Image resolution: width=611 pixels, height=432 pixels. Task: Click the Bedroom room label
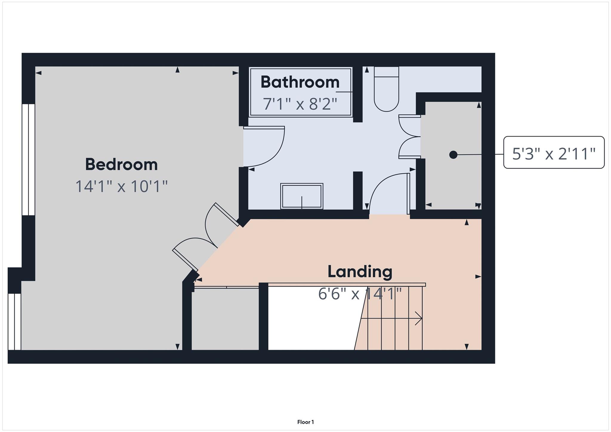(121, 165)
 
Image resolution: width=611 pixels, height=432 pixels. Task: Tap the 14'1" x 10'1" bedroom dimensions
(121, 187)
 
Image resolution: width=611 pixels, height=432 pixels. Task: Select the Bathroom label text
(300, 82)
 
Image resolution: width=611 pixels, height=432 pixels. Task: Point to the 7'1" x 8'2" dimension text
(300, 104)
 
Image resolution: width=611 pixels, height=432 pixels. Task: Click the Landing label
(360, 272)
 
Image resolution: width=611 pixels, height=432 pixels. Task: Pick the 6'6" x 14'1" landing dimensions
(360, 294)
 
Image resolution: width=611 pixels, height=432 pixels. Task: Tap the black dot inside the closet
(453, 155)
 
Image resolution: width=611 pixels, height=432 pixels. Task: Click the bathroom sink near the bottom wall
(302, 196)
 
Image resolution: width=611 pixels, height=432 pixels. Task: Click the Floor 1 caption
(305, 422)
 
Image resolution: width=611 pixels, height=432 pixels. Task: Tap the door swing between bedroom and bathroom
(264, 146)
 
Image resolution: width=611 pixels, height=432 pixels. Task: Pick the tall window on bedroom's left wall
(29, 159)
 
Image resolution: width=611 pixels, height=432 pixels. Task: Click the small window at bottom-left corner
(14, 322)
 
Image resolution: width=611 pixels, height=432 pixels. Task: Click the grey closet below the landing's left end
(225, 319)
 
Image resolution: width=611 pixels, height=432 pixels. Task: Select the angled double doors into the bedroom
(206, 239)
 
